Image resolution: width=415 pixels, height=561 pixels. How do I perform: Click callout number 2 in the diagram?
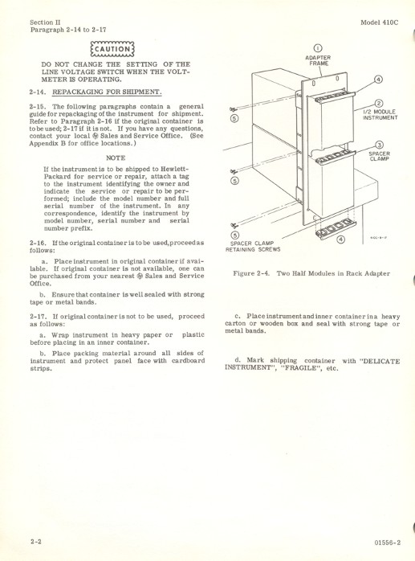[377, 101]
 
